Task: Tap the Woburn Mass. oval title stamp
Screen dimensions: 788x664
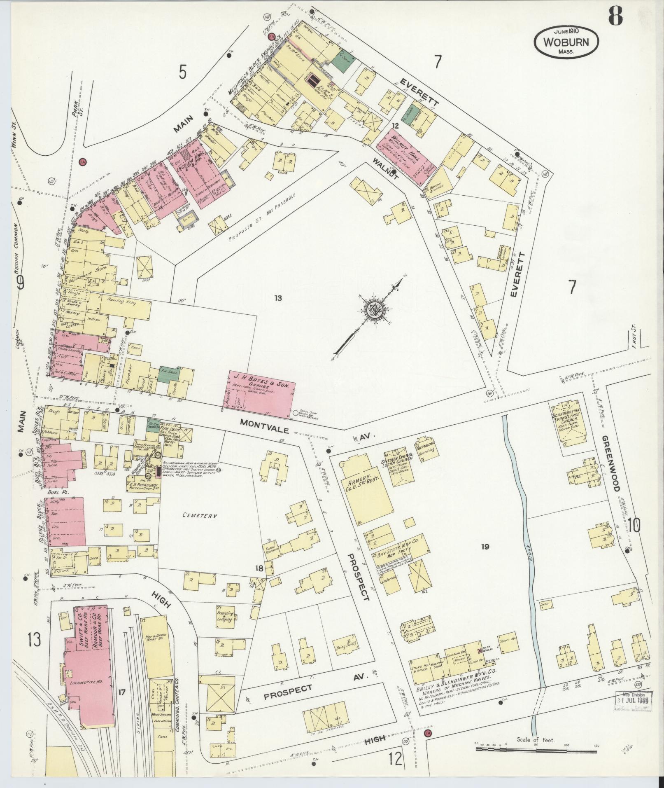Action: click(x=566, y=42)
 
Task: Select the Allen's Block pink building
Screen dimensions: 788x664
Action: click(x=66, y=521)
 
